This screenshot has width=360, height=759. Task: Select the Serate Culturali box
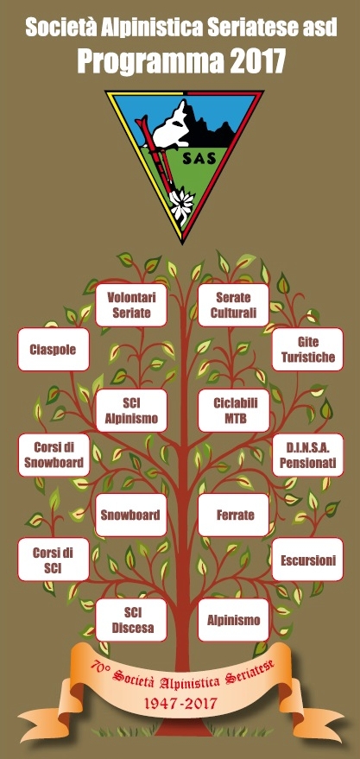(234, 305)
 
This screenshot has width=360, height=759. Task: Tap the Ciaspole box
(54, 350)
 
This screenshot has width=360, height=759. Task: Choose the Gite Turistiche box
(307, 350)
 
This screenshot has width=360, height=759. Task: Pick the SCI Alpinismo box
(131, 410)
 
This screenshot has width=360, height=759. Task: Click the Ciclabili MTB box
(234, 410)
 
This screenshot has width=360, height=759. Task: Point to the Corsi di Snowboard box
(54, 455)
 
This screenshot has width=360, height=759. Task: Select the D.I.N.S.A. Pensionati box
(307, 455)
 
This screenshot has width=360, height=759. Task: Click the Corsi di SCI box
(54, 560)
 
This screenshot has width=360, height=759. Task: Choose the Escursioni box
(307, 560)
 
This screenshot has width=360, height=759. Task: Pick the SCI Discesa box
(131, 620)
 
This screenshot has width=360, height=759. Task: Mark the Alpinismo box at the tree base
(234, 620)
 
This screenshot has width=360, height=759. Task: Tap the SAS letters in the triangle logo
(195, 161)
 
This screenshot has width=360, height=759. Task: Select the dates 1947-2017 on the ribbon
(180, 703)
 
